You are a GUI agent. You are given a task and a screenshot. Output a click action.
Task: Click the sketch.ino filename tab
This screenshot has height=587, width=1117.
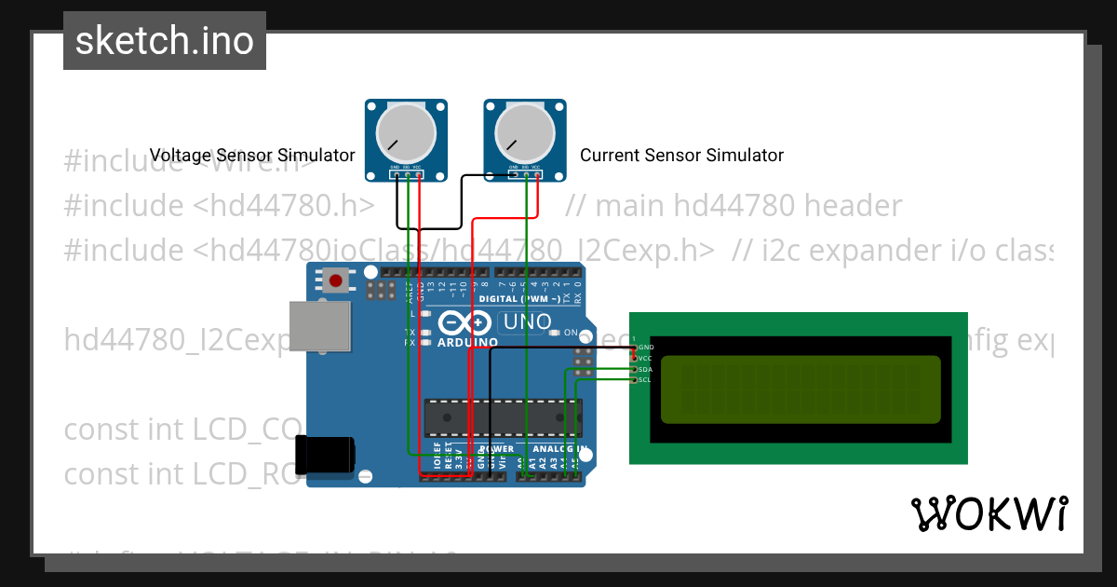165,41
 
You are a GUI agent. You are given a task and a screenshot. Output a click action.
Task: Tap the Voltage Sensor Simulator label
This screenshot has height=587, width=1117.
252,156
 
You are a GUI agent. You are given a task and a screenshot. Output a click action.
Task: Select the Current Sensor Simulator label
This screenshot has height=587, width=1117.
681,156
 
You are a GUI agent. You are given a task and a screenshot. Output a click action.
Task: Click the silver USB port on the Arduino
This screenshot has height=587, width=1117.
319,326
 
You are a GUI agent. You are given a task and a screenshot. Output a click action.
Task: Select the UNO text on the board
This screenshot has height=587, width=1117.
527,322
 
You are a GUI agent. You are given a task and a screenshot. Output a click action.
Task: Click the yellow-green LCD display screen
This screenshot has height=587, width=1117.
801,389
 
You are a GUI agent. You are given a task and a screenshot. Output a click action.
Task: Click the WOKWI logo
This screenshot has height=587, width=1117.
989,513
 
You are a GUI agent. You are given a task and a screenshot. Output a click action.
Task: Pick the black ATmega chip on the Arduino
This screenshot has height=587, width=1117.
503,417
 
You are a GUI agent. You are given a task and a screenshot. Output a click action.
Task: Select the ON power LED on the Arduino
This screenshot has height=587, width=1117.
555,333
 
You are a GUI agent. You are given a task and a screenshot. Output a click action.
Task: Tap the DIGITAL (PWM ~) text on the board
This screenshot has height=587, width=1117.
519,299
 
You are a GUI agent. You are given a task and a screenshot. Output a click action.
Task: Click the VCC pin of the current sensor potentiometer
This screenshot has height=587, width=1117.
536,174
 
